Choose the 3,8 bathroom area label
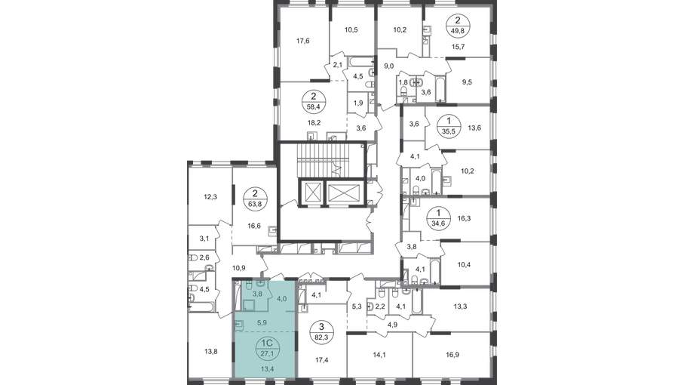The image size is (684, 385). click(257, 294)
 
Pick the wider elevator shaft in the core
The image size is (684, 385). click(343, 192)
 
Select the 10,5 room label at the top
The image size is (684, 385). click(351, 31)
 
